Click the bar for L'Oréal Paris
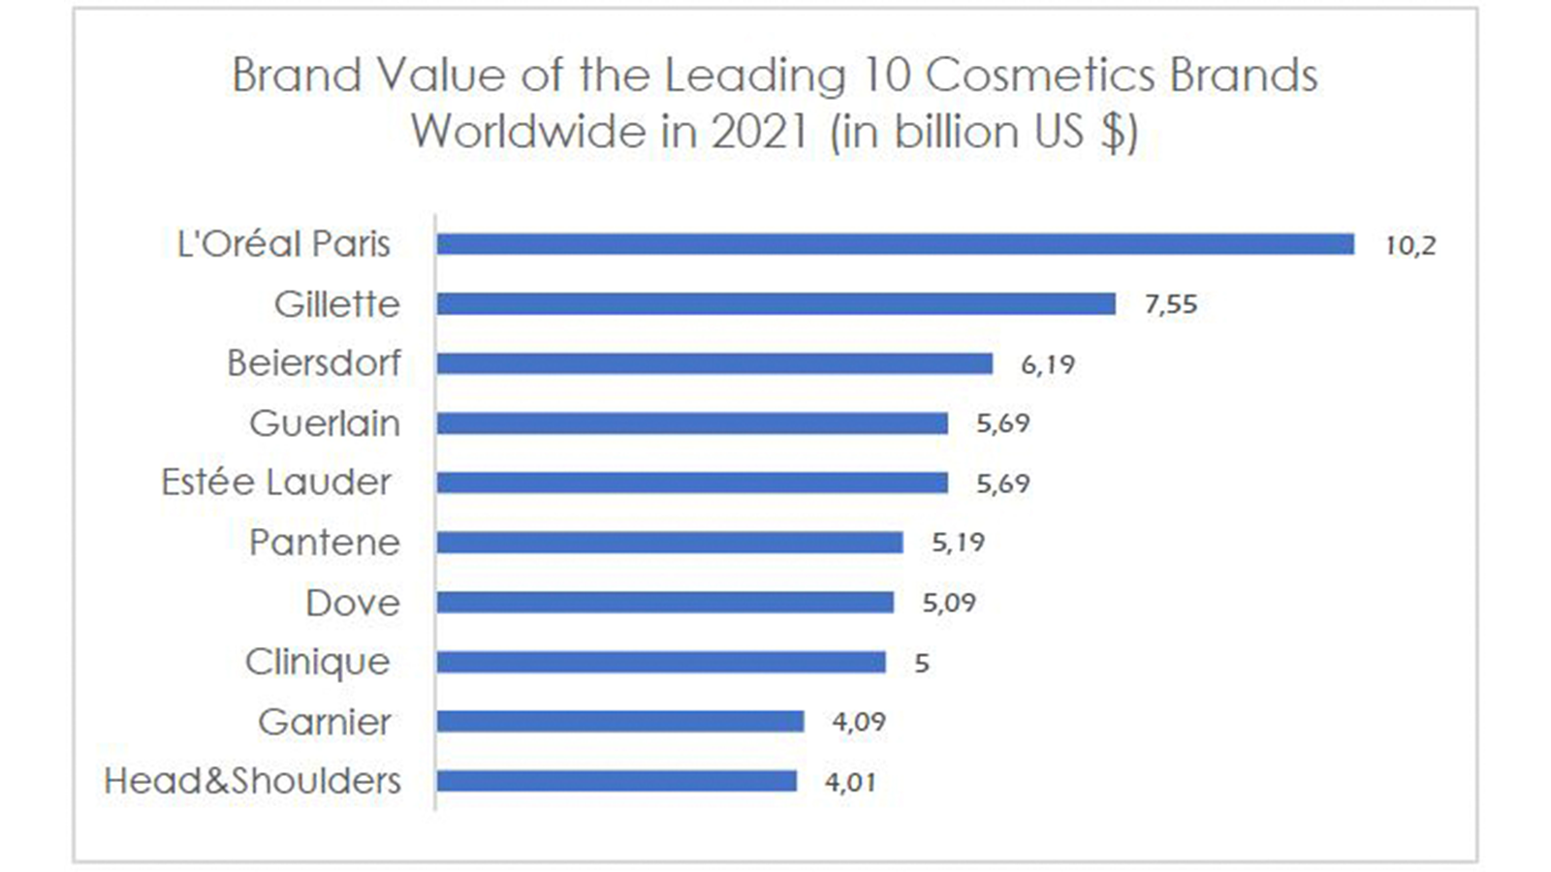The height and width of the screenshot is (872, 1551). (896, 244)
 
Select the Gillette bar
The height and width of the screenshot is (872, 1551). (776, 304)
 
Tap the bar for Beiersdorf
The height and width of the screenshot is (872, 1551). (714, 363)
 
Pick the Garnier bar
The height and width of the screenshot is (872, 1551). (620, 722)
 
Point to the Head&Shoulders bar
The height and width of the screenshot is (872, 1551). (617, 781)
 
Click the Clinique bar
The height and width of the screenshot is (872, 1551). (661, 663)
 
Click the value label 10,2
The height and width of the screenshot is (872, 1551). (1410, 246)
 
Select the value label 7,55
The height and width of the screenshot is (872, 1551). (1171, 304)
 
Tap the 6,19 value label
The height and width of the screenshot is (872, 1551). (1048, 364)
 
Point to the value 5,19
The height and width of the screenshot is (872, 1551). (959, 544)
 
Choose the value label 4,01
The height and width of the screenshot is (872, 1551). (850, 783)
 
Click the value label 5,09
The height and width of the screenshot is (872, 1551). (949, 603)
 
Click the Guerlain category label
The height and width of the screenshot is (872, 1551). (325, 423)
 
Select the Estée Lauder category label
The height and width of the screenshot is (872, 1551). (276, 483)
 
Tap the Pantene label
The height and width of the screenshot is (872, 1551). (325, 543)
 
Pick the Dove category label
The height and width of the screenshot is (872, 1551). (353, 603)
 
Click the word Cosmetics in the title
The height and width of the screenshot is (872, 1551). (1040, 75)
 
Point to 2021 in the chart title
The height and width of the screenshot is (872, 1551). (760, 132)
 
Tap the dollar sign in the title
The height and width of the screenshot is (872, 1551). (1112, 132)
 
